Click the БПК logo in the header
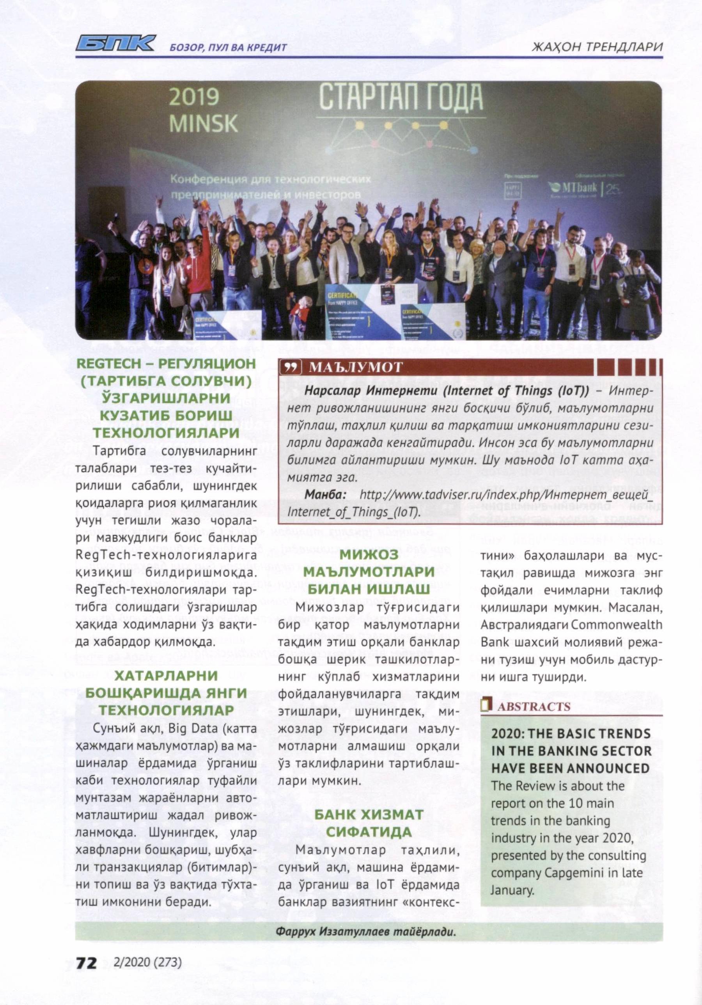tap(115, 44)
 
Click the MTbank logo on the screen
tap(574, 188)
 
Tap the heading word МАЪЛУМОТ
tap(355, 367)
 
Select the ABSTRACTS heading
tap(534, 707)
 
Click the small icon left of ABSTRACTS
tap(485, 706)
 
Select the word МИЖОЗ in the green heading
tap(369, 555)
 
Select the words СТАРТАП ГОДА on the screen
tap(400, 97)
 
